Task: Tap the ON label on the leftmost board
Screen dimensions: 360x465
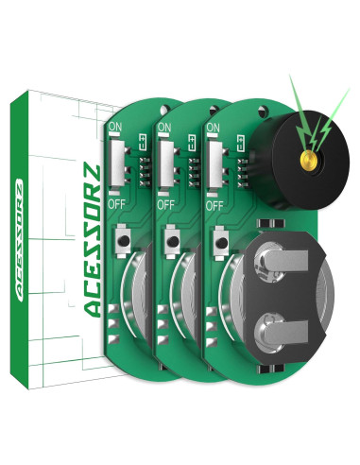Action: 115,127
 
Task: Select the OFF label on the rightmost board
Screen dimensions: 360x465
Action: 214,206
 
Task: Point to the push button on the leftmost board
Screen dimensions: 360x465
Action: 123,241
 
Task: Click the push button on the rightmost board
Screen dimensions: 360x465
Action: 221,243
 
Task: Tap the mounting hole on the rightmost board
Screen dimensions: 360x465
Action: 263,112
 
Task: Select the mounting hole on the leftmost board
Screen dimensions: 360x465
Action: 164,110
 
